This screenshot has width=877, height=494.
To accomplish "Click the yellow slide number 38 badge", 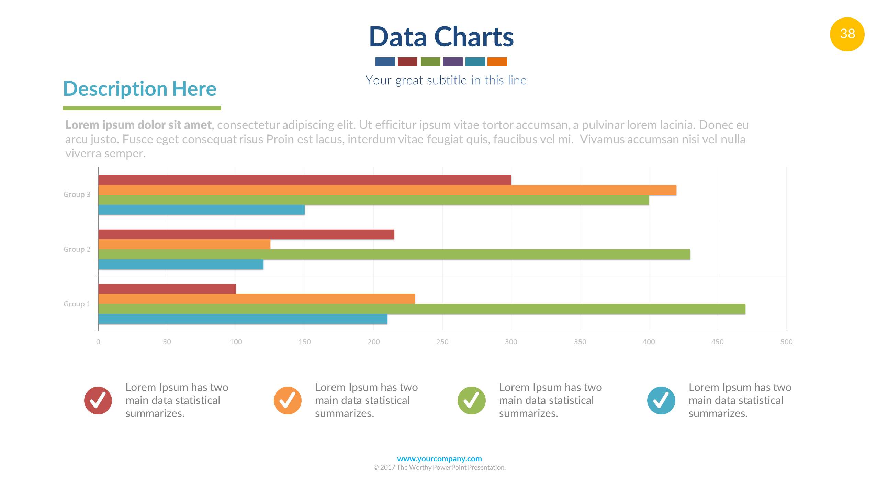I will coord(847,34).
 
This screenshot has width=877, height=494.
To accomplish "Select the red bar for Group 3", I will coord(304,180).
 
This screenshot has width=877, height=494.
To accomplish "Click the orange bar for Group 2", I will coord(184,244).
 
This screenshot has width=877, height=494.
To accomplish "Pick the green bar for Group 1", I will coord(421,309).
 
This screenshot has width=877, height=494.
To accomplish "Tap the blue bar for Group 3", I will coord(201,210).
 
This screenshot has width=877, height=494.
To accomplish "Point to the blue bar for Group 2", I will coord(181,264).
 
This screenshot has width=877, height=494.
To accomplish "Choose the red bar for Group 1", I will coord(167,289).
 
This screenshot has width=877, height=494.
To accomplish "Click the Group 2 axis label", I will coord(77,249).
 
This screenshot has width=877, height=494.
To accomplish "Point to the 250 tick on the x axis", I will coord(442,342).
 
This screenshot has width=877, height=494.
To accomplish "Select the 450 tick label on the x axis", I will coord(717,342).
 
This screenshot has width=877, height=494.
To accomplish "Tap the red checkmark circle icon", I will coord(98,400).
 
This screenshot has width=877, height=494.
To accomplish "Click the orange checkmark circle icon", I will coord(288,400).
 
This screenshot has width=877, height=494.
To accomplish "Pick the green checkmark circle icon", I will coord(471,400).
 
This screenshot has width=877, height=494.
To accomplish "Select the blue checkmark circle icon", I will coord(661,400).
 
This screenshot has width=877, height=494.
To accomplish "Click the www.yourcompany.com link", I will coord(439,459).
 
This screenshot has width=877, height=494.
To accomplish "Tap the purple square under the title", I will coord(452,61).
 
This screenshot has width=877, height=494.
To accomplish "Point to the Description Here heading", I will coord(140,89).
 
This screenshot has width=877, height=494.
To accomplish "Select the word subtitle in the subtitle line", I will coord(447,80).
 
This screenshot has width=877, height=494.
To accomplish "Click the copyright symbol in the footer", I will coord(376,468).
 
